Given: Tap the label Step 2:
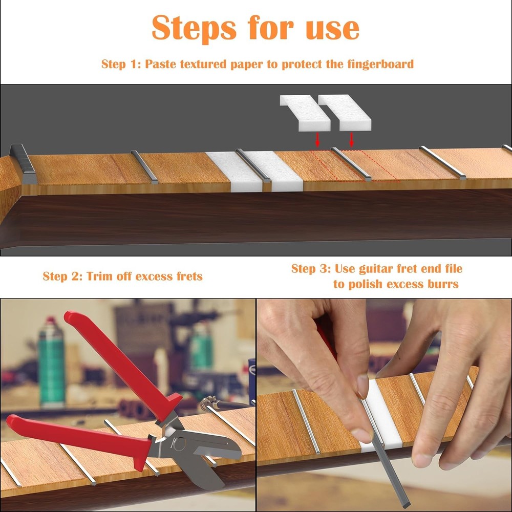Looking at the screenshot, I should (x=62, y=276).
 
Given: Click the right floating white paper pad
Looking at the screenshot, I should (x=344, y=113).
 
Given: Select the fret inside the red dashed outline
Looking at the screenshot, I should (x=351, y=164).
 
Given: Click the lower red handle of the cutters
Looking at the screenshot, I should (x=77, y=438).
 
